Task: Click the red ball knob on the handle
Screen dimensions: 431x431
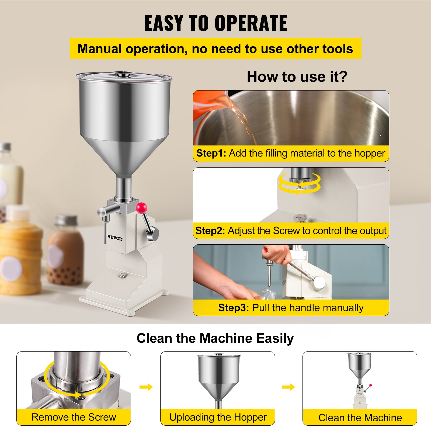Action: [141, 208]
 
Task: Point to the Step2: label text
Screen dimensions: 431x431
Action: [210, 231]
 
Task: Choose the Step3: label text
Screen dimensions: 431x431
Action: [234, 308]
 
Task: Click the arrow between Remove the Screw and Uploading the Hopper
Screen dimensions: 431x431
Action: [146, 387]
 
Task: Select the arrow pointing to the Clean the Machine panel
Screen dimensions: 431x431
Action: [288, 387]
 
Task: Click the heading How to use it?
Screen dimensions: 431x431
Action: [297, 77]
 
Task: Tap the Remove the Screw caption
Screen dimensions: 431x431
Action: [74, 417]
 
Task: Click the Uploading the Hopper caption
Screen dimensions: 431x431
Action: [218, 417]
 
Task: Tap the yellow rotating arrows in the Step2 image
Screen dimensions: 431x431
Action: [300, 183]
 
